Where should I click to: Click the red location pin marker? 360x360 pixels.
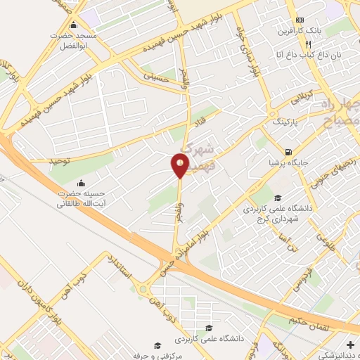[x=180, y=166]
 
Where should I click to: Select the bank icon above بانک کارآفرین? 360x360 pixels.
[x=300, y=19]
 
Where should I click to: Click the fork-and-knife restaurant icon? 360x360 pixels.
[x=300, y=43]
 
